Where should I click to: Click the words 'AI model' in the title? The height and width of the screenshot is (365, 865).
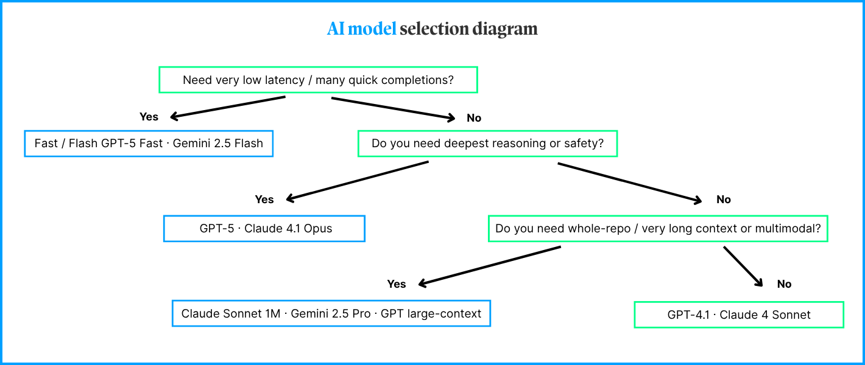(x=361, y=29)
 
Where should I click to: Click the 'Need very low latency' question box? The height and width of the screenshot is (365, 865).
(x=318, y=80)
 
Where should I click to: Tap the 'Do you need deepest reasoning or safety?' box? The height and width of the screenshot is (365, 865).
(x=487, y=144)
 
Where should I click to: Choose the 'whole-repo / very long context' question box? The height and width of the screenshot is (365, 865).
(x=658, y=229)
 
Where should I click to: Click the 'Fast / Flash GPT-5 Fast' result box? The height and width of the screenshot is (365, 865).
(x=149, y=144)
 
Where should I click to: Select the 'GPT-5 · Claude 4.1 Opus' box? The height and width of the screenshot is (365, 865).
(x=264, y=229)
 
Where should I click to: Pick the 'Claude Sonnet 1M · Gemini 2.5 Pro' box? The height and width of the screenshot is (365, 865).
(x=331, y=314)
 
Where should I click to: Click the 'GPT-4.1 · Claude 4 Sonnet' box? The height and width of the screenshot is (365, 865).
(x=739, y=315)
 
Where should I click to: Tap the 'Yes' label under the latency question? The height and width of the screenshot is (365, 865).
(x=149, y=117)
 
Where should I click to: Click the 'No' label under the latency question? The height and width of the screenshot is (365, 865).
(x=474, y=118)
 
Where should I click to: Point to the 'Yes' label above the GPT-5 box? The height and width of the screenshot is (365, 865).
(x=264, y=200)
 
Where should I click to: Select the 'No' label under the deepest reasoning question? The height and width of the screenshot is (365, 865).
(x=724, y=200)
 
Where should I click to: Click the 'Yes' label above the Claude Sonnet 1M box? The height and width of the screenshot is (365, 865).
(x=397, y=284)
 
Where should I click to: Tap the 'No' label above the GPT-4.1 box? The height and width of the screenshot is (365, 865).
(x=785, y=284)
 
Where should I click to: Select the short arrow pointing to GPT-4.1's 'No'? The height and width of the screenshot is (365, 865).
(x=743, y=266)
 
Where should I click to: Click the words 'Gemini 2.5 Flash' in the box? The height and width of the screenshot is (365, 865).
(x=218, y=144)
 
